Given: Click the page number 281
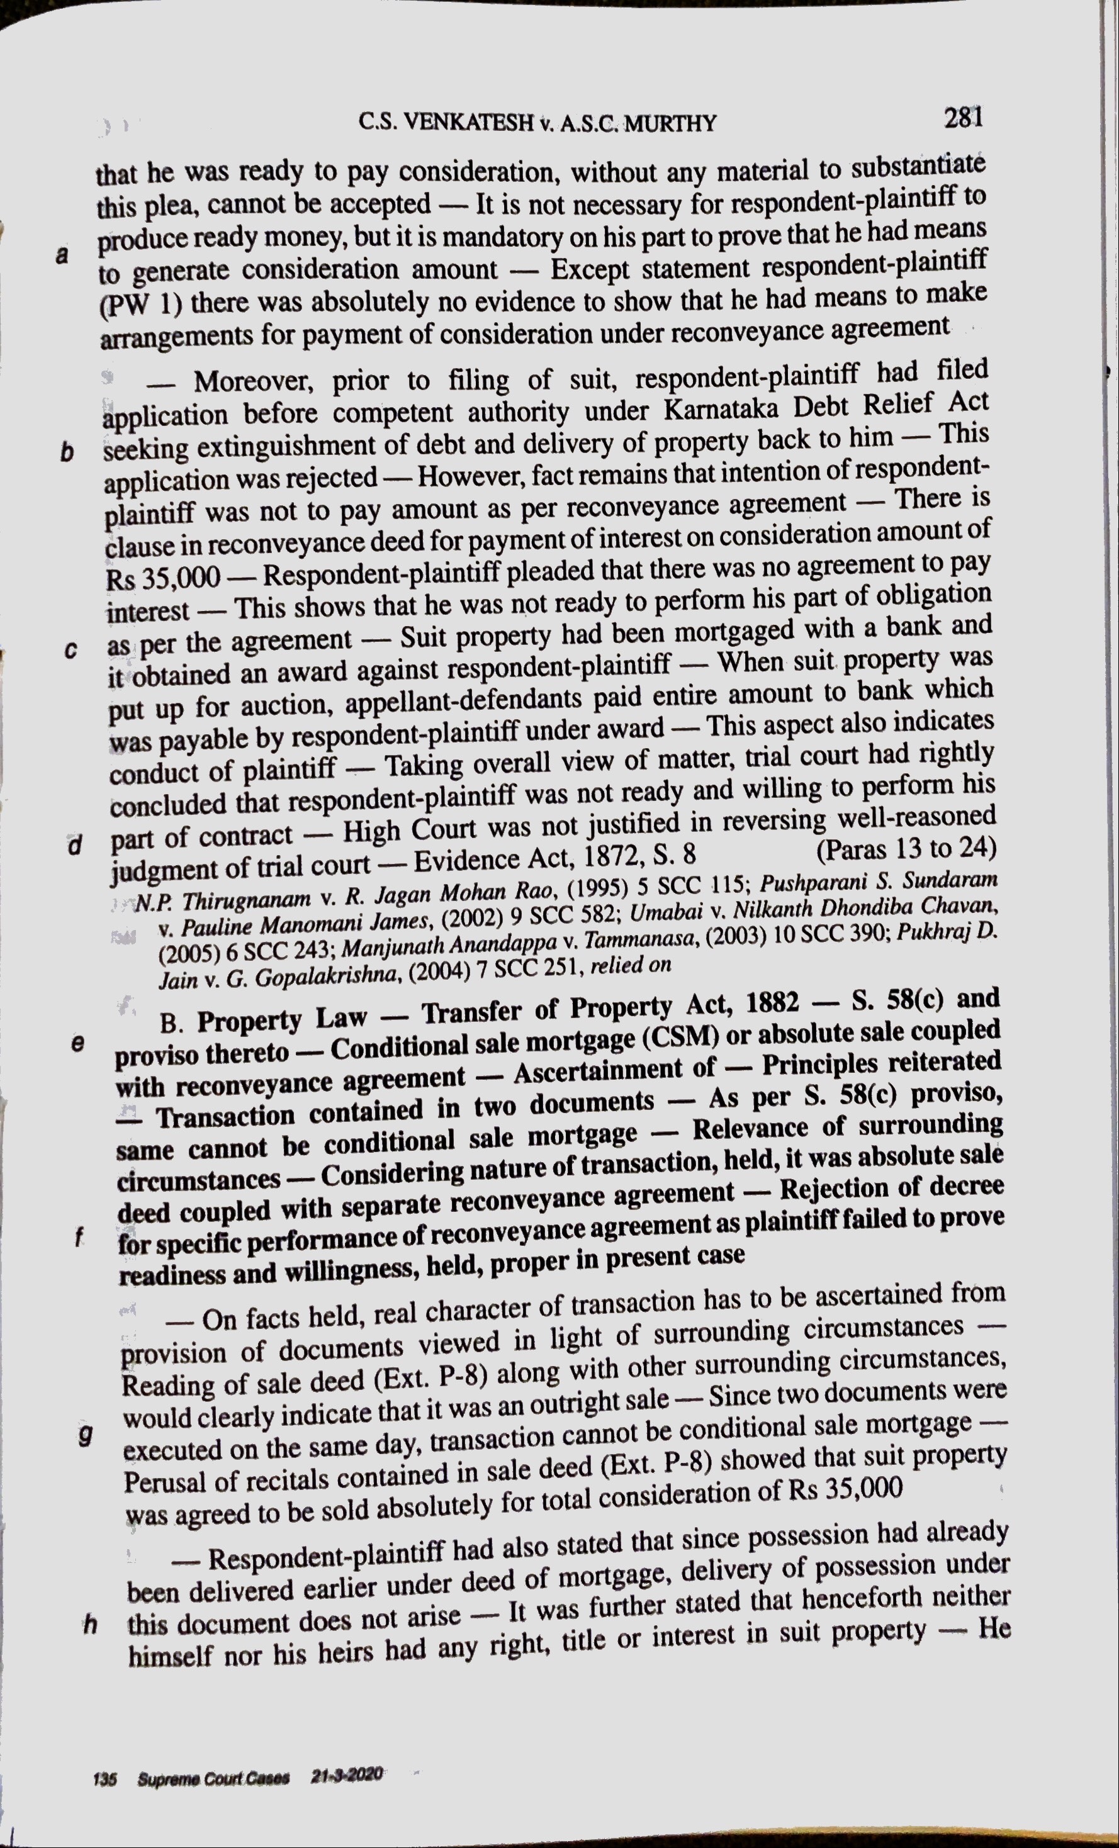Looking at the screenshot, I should [x=962, y=118].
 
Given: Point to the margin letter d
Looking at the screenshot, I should [x=74, y=845].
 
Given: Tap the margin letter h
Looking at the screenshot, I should [x=91, y=1625].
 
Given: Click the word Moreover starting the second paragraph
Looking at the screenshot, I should [x=251, y=382].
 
